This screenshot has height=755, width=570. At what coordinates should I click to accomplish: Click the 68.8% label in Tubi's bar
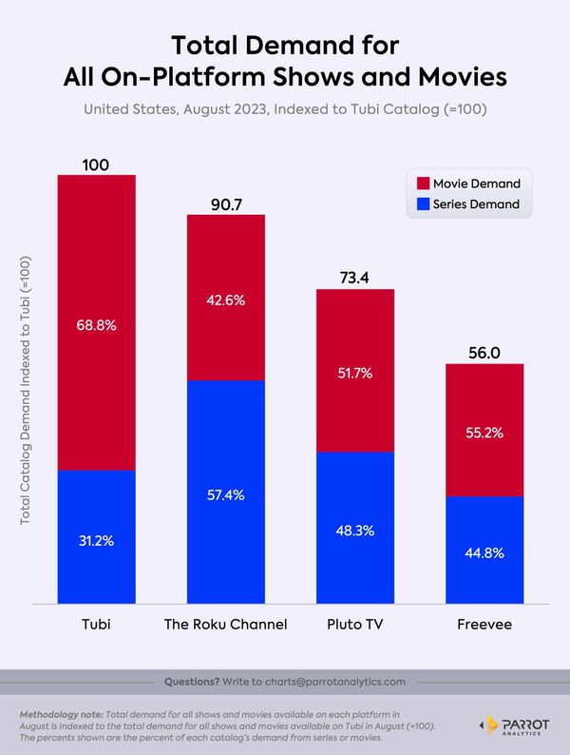96,324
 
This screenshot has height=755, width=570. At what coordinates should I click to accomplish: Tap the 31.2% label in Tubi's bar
96,540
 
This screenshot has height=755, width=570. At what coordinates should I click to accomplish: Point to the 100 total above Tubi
96,165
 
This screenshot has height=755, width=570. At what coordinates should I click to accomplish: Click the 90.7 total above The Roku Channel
225,203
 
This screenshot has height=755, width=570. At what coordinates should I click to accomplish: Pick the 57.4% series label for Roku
225,495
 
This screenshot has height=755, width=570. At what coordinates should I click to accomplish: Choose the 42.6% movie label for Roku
225,300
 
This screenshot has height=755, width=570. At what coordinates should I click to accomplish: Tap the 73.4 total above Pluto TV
354,278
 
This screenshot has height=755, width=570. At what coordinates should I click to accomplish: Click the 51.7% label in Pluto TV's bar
354,374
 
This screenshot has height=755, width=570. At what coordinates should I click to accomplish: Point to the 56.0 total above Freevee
484,352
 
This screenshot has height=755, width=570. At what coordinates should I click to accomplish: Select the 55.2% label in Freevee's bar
484,432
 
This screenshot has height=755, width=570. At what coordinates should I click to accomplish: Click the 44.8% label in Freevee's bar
484,552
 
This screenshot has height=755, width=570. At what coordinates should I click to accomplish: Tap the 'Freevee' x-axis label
484,624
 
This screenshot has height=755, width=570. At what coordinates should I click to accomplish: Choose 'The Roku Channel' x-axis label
225,624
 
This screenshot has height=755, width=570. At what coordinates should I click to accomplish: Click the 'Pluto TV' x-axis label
354,624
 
